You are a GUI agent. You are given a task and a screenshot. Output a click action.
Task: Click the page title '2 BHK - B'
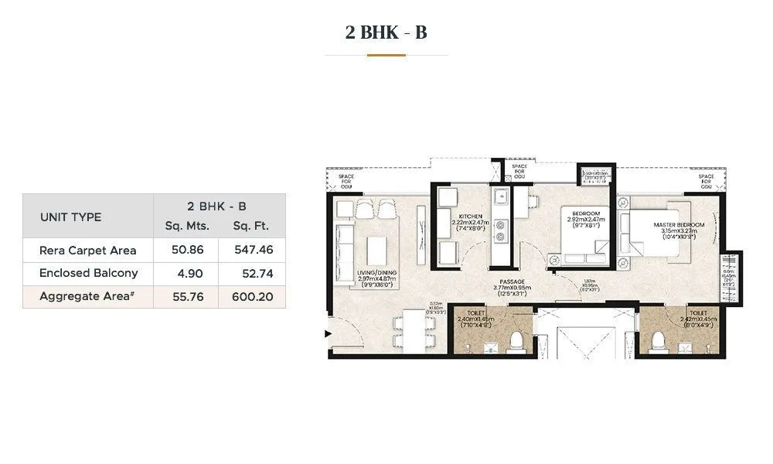(386, 32)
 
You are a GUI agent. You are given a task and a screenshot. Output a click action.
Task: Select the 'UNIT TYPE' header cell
(70, 217)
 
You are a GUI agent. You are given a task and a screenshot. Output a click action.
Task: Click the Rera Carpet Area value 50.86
(186, 251)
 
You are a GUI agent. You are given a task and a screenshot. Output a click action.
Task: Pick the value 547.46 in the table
(252, 251)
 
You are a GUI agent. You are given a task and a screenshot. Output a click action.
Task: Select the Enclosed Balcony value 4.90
(186, 274)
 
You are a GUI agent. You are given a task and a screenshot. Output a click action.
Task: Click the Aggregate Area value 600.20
(252, 296)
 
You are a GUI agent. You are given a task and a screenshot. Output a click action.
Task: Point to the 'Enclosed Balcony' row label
(89, 273)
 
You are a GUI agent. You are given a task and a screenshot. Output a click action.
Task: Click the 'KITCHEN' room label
(470, 217)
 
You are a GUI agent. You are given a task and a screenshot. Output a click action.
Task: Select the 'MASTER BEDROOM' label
(678, 225)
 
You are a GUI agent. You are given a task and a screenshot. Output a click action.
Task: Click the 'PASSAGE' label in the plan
(512, 281)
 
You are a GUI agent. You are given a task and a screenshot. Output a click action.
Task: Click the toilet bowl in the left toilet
(516, 339)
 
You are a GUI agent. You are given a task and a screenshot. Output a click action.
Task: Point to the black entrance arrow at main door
(328, 334)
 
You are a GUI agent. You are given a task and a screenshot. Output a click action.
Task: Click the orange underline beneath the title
(386, 55)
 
